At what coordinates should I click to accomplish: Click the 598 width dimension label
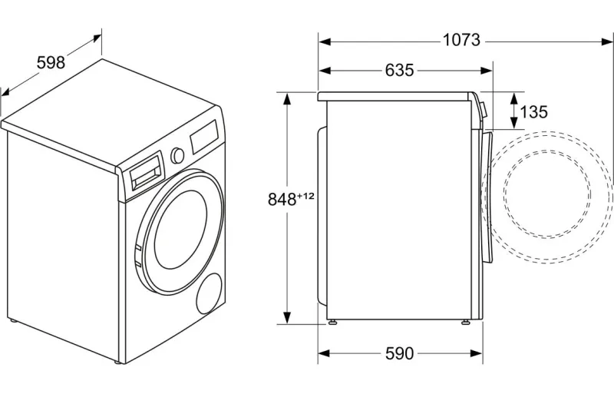[x=51, y=63]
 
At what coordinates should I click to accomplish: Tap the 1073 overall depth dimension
[x=461, y=40]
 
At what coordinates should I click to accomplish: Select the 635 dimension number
[x=399, y=70]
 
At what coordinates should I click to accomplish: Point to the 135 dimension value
[x=533, y=112]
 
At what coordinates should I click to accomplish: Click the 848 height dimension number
[x=282, y=199]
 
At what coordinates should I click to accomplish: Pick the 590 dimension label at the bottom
[x=399, y=353]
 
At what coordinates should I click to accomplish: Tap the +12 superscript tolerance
[x=305, y=196]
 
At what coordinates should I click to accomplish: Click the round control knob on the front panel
[x=177, y=155]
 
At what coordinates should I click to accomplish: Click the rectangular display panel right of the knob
[x=205, y=136]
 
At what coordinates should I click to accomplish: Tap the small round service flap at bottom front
[x=209, y=293]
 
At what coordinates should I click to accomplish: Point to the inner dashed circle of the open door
[x=547, y=194]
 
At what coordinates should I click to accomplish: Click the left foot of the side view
[x=333, y=322]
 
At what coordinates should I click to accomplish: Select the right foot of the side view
[x=466, y=322]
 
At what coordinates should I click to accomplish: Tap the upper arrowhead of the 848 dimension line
[x=287, y=99]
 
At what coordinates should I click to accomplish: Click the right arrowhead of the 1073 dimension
[x=607, y=41]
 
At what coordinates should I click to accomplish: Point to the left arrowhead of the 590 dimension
[x=324, y=353]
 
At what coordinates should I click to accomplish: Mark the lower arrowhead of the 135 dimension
[x=513, y=123]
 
